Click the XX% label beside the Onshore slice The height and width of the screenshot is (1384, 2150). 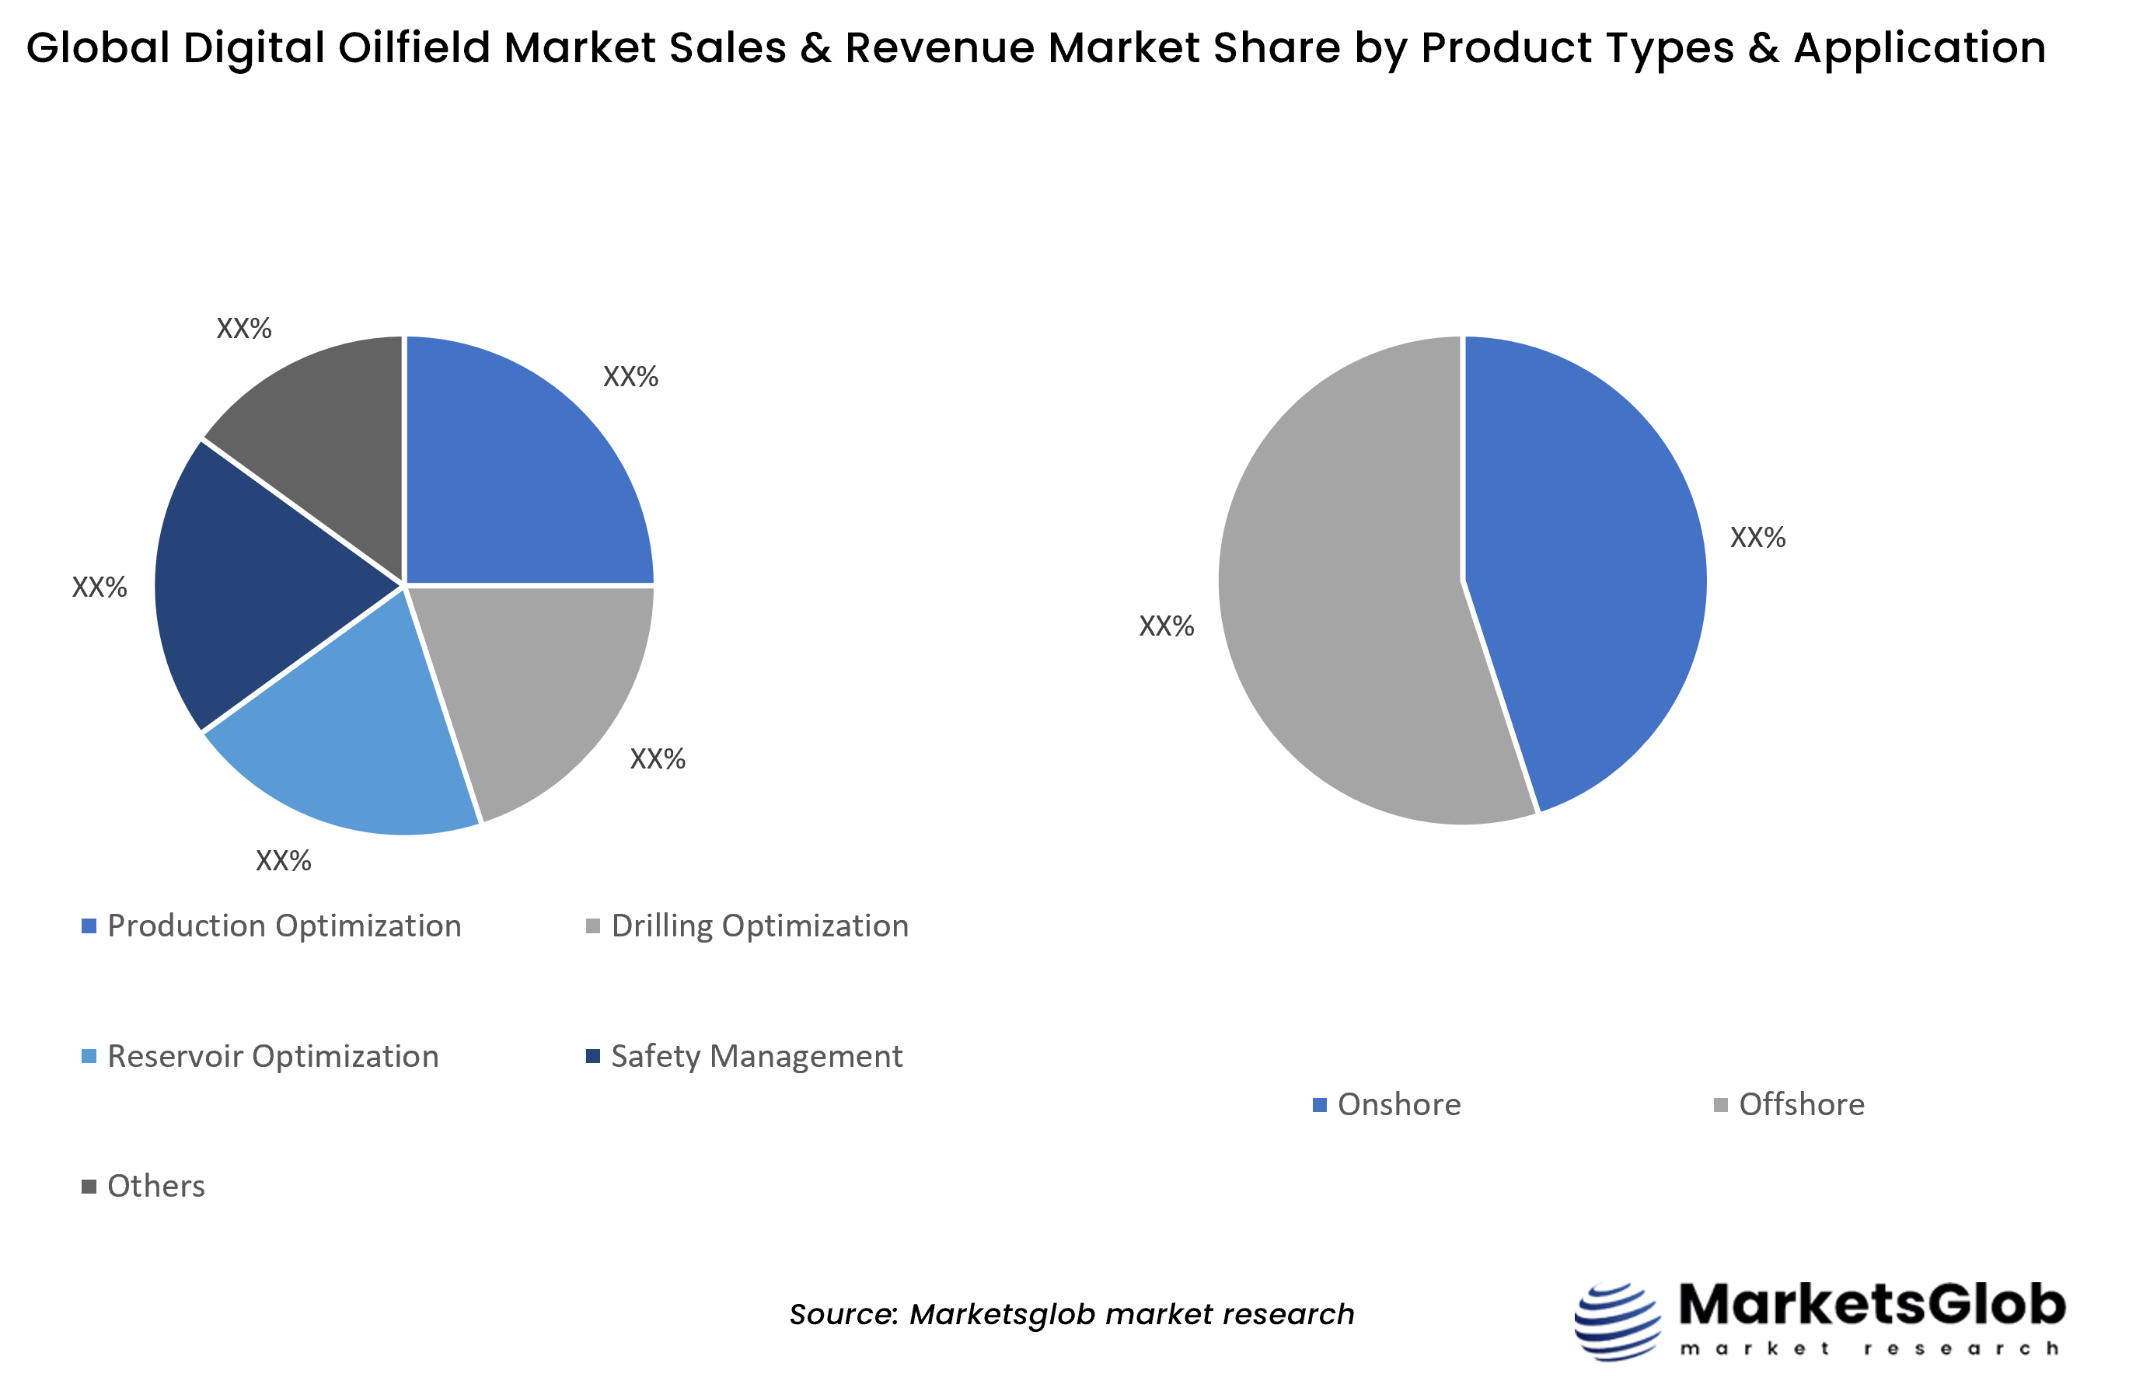[x=1757, y=538]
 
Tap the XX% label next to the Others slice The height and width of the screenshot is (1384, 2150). [x=243, y=328]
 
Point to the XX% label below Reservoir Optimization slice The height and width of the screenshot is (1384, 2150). [x=283, y=861]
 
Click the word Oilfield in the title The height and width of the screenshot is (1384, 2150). [x=414, y=47]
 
